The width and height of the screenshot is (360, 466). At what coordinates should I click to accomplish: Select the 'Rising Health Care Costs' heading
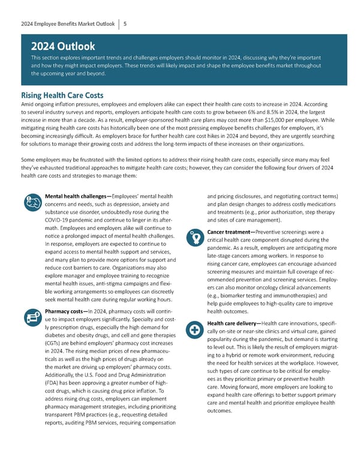click(x=62, y=95)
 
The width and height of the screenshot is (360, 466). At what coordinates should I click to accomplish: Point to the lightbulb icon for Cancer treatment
click(x=193, y=237)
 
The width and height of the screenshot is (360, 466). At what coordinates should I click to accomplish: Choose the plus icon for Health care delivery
click(x=194, y=330)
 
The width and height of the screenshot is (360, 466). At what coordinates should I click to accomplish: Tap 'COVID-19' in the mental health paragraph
click(x=59, y=222)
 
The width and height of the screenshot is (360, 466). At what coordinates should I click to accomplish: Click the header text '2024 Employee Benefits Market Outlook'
click(x=67, y=23)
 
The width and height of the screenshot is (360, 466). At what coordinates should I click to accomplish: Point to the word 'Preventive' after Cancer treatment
click(x=275, y=232)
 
